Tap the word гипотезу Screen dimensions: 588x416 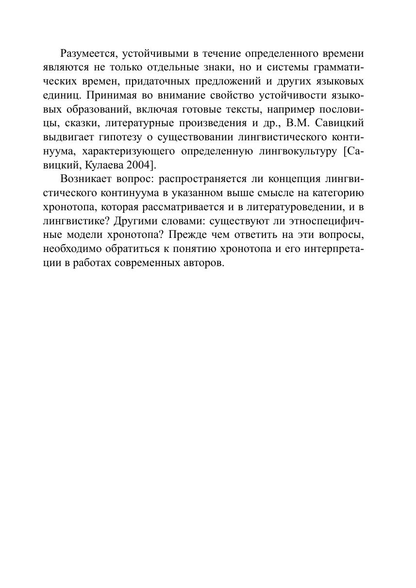tap(117, 137)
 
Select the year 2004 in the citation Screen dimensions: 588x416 tap(138, 165)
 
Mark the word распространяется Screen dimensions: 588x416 tap(204, 179)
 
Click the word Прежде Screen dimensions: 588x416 tap(185, 235)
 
